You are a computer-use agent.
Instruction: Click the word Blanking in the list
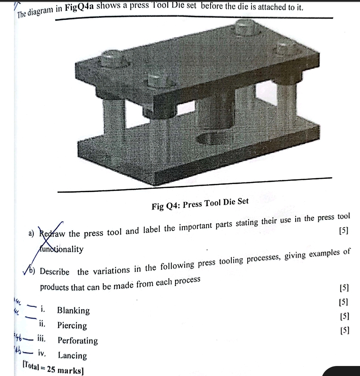pos(73,311)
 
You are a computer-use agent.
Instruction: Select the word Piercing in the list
pos(72,326)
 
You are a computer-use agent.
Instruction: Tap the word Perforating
pos(78,341)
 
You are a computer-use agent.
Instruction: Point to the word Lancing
pos(72,356)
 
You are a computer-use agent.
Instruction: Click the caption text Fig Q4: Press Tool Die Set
pos(200,204)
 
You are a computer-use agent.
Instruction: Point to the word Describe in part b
pos(55,271)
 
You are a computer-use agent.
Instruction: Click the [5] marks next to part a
pos(343,231)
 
